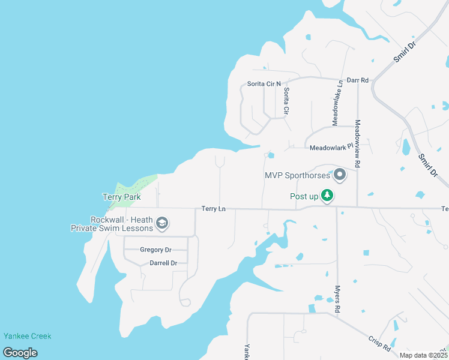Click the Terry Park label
121,197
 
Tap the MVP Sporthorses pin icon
339,175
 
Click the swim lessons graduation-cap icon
161,224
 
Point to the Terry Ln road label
213,208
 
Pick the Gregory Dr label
155,250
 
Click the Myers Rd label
338,298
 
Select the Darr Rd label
357,80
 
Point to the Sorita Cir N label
264,84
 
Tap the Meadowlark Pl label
333,148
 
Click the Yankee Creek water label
27,336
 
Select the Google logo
20,353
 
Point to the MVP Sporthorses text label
297,176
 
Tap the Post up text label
304,196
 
